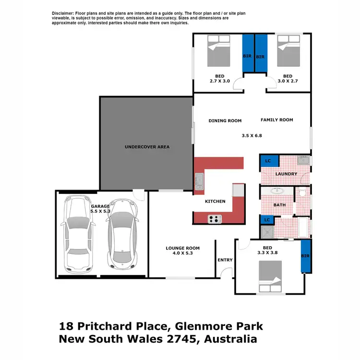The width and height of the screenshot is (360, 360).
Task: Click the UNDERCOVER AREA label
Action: point(147,146)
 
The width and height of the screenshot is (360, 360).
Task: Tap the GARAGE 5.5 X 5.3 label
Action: point(100,208)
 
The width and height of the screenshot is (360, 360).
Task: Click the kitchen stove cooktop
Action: point(215,219)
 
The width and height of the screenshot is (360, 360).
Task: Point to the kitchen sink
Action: point(200,181)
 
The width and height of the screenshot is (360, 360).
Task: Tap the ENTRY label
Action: point(225,260)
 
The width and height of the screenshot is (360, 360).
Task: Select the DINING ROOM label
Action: point(225,120)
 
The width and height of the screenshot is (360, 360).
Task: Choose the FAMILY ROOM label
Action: point(276,120)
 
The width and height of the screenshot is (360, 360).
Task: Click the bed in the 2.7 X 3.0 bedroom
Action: point(221,51)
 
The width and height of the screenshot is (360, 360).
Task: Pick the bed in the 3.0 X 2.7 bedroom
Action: point(289,51)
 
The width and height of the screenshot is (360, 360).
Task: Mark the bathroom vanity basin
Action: point(277,191)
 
